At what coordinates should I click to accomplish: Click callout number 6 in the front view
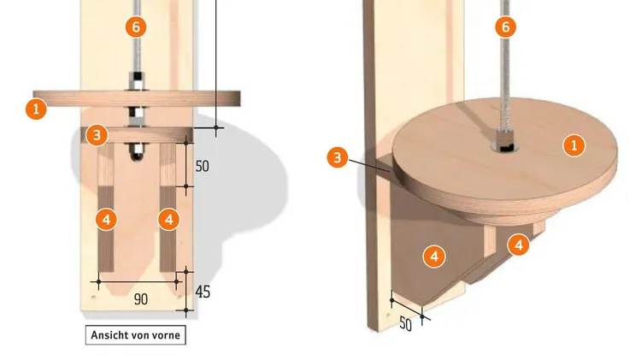(x=136, y=27)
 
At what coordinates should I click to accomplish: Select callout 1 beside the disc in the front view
(x=36, y=109)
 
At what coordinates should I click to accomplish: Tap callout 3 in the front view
(x=97, y=135)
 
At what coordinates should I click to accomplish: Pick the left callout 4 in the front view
(x=106, y=220)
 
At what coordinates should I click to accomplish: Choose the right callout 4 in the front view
(x=169, y=220)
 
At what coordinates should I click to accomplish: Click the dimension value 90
(x=141, y=299)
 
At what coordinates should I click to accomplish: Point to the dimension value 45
(x=203, y=292)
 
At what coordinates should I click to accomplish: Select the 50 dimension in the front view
(x=202, y=166)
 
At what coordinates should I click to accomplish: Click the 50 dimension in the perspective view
(x=405, y=324)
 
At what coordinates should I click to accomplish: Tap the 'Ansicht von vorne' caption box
(x=136, y=335)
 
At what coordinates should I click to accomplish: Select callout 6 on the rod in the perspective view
(x=506, y=27)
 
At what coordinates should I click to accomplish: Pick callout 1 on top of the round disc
(x=574, y=145)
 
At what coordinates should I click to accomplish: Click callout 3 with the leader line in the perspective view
(x=338, y=157)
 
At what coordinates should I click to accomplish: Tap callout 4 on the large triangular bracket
(x=434, y=257)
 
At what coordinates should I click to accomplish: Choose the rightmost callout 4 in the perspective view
(x=519, y=245)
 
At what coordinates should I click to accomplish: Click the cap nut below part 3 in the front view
(x=137, y=151)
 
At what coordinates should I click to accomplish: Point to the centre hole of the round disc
(x=507, y=146)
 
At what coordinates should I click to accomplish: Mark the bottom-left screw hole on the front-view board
(x=94, y=297)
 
